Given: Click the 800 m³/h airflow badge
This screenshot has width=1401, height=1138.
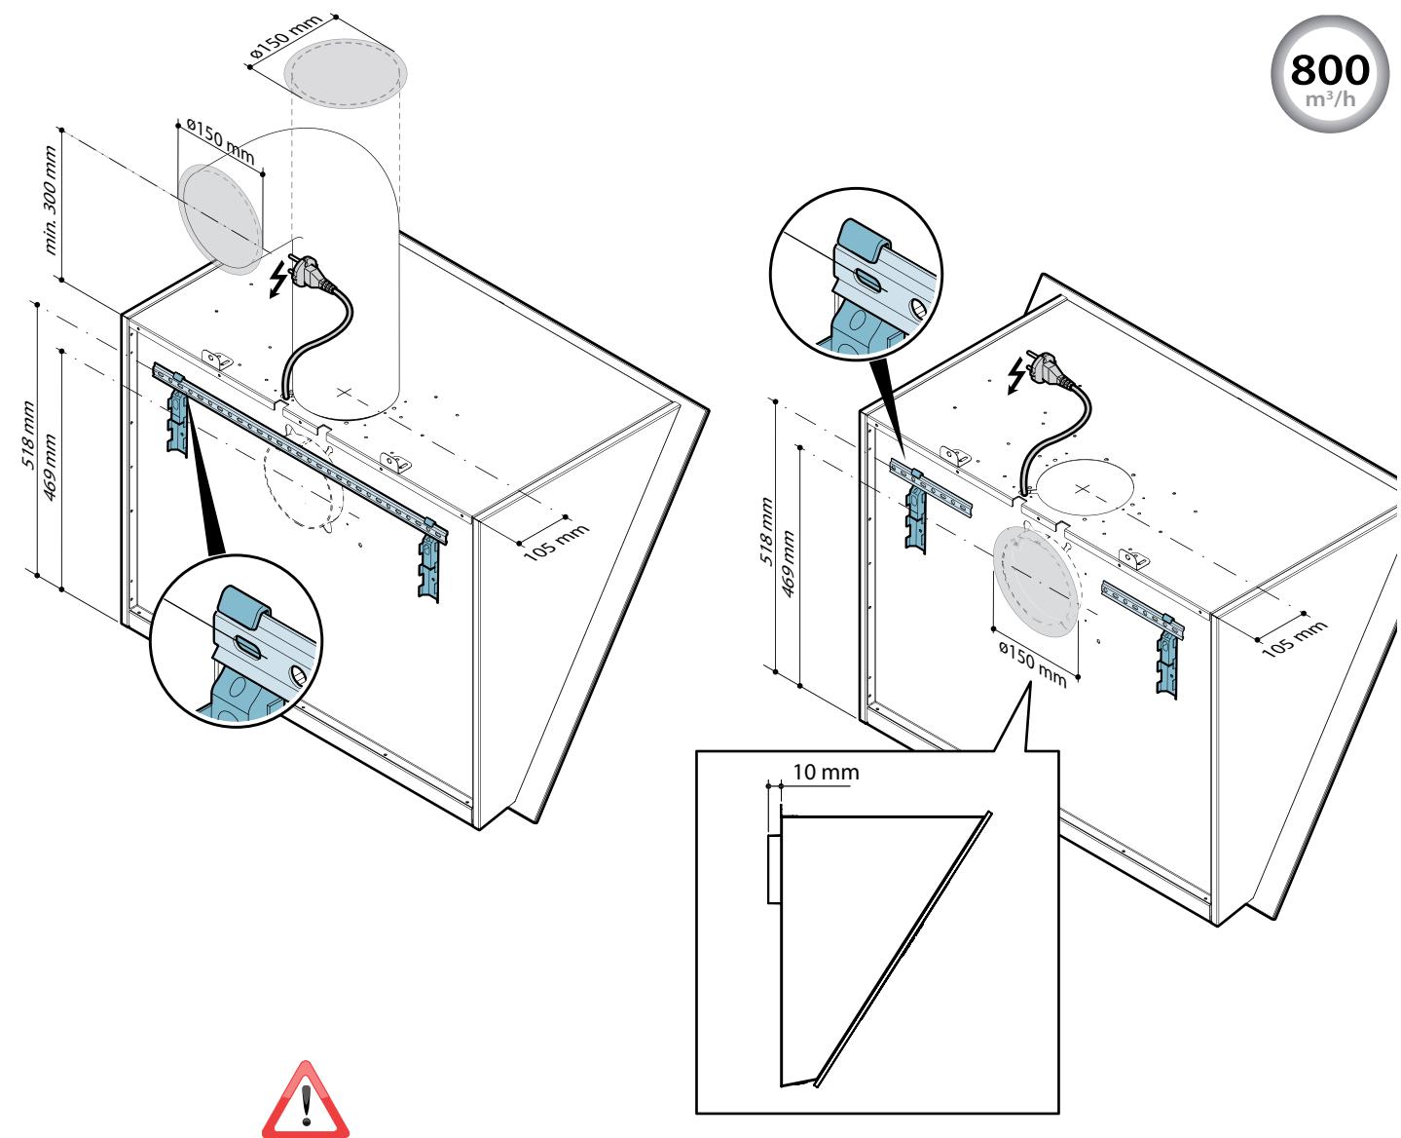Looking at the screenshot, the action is coord(1329,74).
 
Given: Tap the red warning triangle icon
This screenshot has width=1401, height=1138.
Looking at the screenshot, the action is coord(306,1100).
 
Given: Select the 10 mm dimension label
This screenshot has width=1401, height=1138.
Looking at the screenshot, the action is coord(826,772).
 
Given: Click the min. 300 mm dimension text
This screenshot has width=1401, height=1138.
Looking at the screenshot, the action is coord(51,200).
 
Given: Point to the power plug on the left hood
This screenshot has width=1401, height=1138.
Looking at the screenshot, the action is coord(310,270).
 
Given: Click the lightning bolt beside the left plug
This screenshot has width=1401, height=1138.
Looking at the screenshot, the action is coord(278,279).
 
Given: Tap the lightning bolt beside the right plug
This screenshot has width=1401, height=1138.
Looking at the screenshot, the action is coord(1016,376).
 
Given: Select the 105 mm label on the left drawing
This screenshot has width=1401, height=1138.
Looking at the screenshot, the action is coord(557,543).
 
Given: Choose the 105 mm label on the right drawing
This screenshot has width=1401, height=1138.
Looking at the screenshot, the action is coord(1295,638).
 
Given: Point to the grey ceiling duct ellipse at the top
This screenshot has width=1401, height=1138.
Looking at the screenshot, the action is coord(346,73).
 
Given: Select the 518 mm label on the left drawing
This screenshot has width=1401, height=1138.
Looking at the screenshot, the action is coord(29,435).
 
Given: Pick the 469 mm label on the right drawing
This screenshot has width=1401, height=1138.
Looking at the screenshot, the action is coord(789,563).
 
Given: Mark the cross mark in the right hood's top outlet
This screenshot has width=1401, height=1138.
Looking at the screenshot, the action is coord(1083,489).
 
